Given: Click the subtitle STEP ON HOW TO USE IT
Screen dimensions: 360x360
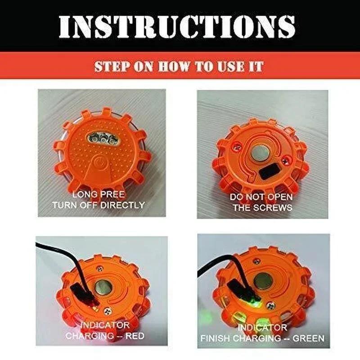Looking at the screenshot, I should tap(179, 67).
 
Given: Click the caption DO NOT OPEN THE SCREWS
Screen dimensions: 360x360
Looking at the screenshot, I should tap(261, 202).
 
